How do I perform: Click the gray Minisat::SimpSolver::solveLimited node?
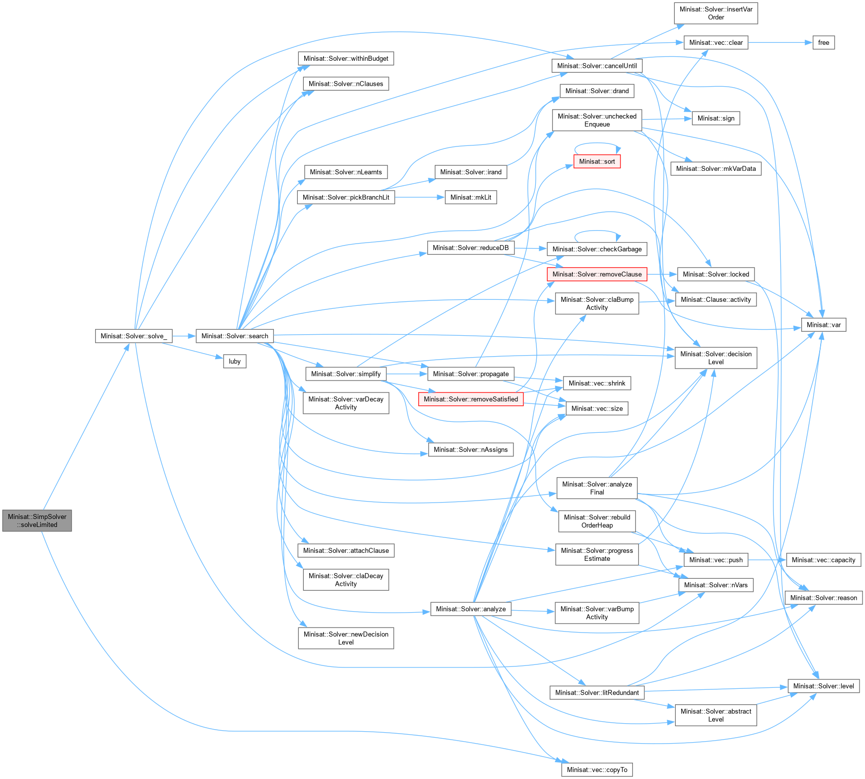(x=37, y=520)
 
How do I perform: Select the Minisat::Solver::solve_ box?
(x=133, y=336)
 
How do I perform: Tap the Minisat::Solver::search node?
(x=235, y=336)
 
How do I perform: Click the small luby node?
(x=235, y=362)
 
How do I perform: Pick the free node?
(x=824, y=43)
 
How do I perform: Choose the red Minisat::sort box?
(x=597, y=161)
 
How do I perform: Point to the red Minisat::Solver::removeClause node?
(x=597, y=274)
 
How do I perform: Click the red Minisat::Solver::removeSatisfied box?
(x=471, y=399)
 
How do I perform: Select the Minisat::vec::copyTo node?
(x=597, y=770)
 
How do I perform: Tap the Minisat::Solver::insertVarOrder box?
(x=716, y=13)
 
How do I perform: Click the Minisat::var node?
(x=824, y=325)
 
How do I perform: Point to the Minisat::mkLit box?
(x=471, y=198)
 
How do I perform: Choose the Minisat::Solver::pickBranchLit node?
(x=346, y=198)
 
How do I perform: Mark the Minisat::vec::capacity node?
(x=824, y=560)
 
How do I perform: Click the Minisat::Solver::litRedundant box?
(x=597, y=693)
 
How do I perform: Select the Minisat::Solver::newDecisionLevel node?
(x=346, y=638)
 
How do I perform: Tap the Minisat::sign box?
(x=716, y=119)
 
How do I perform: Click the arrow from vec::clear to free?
(x=780, y=43)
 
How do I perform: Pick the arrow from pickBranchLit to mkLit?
(x=420, y=198)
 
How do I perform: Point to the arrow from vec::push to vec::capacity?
(x=767, y=560)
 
